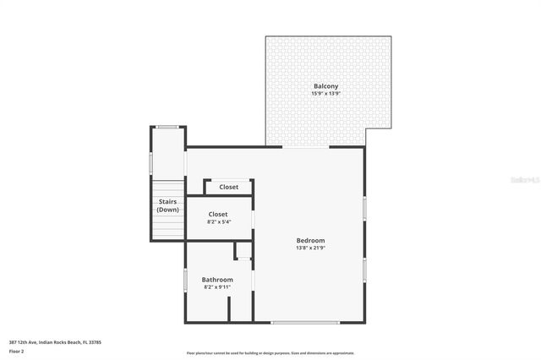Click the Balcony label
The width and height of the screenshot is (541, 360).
pyautogui.click(x=326, y=86)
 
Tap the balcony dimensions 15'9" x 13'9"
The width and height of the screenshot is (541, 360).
pyautogui.click(x=326, y=94)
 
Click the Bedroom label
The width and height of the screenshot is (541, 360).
pyautogui.click(x=310, y=240)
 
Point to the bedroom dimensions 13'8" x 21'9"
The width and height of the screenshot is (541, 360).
pyautogui.click(x=310, y=248)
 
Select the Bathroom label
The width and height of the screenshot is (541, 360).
pyautogui.click(x=217, y=280)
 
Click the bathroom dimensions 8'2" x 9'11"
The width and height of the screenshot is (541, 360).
pyautogui.click(x=217, y=287)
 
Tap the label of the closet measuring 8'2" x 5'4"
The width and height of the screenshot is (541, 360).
pyautogui.click(x=218, y=215)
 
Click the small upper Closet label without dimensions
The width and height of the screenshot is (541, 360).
pyautogui.click(x=228, y=187)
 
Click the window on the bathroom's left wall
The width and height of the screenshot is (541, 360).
pyautogui.click(x=186, y=280)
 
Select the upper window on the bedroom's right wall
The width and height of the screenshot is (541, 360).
pyautogui.click(x=365, y=208)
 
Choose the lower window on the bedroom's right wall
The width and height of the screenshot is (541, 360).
pyautogui.click(x=365, y=270)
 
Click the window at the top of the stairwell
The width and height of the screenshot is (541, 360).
pyautogui.click(x=167, y=127)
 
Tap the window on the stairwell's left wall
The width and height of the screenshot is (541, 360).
pyautogui.click(x=151, y=161)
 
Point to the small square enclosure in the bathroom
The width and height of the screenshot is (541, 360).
pyautogui.click(x=243, y=251)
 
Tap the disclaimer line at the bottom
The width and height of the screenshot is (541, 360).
pyautogui.click(x=270, y=353)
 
